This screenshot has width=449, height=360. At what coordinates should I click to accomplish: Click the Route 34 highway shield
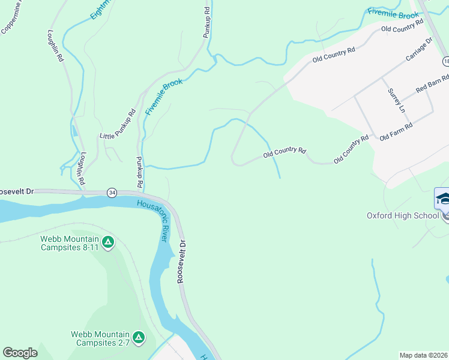pos(112,193)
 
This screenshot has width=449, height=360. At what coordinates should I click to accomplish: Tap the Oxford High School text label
pos(403,215)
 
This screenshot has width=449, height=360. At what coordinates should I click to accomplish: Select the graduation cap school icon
pos(442,199)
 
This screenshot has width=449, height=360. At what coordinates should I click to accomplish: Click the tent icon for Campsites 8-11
pos(107,242)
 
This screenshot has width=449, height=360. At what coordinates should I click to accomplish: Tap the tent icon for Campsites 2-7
pos(139,338)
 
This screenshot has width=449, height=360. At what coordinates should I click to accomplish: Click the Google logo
pos(20,353)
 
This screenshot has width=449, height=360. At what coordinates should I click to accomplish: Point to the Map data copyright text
pos(424,355)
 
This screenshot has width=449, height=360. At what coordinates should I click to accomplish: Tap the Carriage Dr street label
pos(418,50)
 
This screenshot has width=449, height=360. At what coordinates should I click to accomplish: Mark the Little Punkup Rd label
pos(118,125)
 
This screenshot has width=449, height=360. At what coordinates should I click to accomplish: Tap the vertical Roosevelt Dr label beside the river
pos(182,263)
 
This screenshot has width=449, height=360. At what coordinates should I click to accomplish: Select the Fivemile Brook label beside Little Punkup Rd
pos(163,98)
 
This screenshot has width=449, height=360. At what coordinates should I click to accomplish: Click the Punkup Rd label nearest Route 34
pos(139,171)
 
